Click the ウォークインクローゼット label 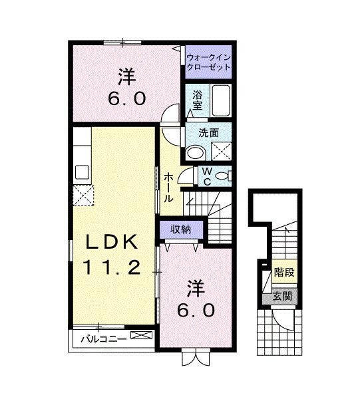[x=209, y=62]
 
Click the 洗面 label [x=210, y=132]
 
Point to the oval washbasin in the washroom [x=195, y=152]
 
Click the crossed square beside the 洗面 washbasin [x=222, y=151]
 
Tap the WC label [x=207, y=176]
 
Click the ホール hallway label [x=170, y=188]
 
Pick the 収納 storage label [x=180, y=229]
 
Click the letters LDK [x=110, y=241]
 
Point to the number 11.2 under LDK [x=110, y=268]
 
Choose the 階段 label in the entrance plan [x=284, y=273]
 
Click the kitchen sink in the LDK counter [x=83, y=172]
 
